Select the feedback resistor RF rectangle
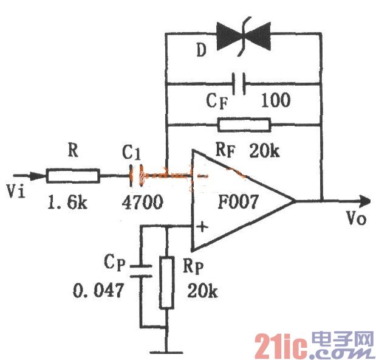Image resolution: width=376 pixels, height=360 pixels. pos(244,125)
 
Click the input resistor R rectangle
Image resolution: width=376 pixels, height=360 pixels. pos(73,176)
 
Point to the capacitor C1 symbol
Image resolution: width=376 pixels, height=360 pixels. pos(136,176)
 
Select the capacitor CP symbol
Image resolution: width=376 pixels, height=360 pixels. pos(141,271)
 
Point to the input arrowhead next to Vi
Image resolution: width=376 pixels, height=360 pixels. pos(38,176)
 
